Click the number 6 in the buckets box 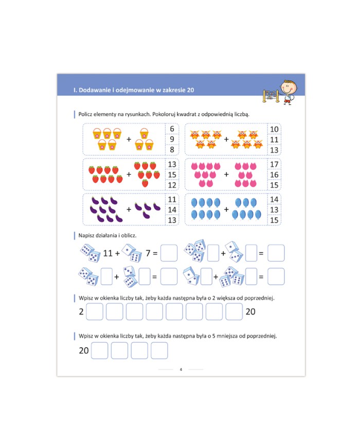click(172, 129)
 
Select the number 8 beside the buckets click(172, 149)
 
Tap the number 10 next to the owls click(274, 129)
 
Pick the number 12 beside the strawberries click(172, 185)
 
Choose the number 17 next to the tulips click(274, 164)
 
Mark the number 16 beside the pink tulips click(274, 174)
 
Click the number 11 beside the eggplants click(172, 199)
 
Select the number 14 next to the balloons click(274, 199)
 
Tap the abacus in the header click(271, 96)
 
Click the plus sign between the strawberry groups click(129, 174)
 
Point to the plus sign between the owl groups click(226, 139)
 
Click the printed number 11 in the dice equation click(108, 253)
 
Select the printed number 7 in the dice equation click(148, 253)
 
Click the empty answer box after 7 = click(169, 253)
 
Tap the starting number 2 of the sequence click(81, 312)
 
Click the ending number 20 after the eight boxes click(250, 312)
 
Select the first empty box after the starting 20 click(99, 350)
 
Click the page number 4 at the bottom click(181, 369)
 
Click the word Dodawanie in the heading click(95, 90)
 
